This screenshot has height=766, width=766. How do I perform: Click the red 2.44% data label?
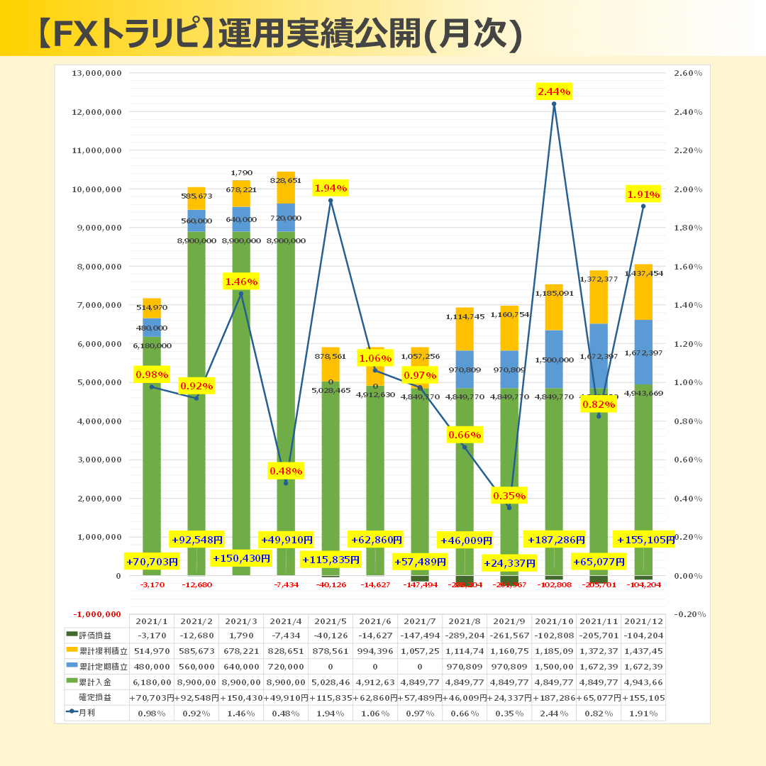pos(554,91)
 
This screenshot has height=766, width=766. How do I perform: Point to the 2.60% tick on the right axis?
pos(687,73)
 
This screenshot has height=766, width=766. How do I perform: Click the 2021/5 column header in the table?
pos(330,621)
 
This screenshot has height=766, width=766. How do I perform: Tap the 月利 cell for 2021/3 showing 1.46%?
pos(240,712)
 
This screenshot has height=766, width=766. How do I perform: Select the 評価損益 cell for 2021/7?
pos(419,635)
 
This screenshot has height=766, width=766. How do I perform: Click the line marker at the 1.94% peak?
pos(331,201)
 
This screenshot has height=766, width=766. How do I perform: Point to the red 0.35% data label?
pos(509,496)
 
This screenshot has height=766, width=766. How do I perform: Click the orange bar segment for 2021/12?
pos(643,292)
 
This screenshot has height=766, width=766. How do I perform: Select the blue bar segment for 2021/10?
pos(554,359)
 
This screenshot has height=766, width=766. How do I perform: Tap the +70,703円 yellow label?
pos(152,562)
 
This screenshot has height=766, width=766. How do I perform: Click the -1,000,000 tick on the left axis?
pos(97,614)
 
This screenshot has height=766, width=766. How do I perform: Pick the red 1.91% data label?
pos(643,194)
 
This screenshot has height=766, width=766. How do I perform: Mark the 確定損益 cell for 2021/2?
pos(196,697)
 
